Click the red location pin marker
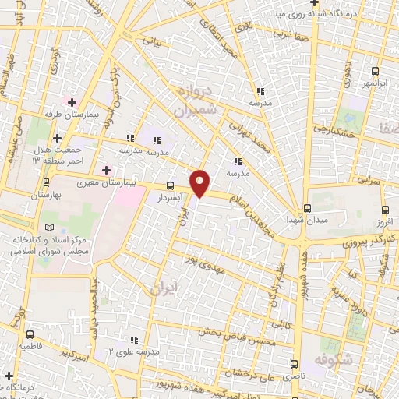pos(200,182)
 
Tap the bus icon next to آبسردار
pos(170,185)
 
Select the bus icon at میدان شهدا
pos(307,207)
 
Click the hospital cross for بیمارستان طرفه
pos(71,102)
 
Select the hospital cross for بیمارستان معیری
pos(106,170)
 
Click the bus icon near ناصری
pos(294,364)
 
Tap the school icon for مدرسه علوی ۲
pos(135,340)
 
